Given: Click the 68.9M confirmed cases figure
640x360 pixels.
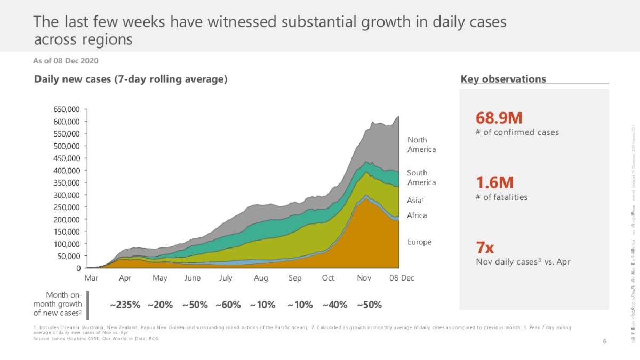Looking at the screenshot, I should point(499,118).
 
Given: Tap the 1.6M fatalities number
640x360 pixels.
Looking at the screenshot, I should point(494,182).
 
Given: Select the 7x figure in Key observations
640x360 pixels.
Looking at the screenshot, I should point(485,247).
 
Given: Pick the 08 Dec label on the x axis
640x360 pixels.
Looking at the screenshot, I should point(401,278).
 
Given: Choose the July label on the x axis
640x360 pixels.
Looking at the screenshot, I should point(226,278).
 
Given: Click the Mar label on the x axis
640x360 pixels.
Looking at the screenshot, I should point(91,278).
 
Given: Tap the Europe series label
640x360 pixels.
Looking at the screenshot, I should point(419,242).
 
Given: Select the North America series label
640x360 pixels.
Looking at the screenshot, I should point(421,145).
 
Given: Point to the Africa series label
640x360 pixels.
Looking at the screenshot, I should point(417,215).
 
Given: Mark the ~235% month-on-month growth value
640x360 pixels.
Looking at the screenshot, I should point(125,305).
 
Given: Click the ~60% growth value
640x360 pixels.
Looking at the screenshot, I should point(228,305).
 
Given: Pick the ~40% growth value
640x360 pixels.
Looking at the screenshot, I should point(334,305).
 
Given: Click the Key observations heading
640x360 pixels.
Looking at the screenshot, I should point(503,79).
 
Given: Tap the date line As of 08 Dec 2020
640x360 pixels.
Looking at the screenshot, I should point(66,61).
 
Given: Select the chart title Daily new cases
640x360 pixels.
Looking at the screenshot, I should point(131,79).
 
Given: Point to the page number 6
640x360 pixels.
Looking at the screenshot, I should point(604,341).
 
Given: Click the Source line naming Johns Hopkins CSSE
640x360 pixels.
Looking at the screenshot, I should point(96,339).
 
